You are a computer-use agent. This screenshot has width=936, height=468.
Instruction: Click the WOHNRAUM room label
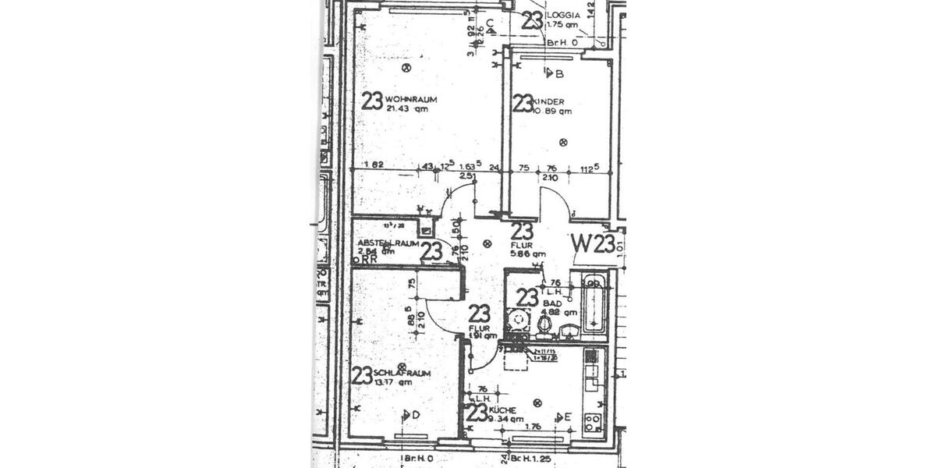pyautogui.click(x=410, y=99)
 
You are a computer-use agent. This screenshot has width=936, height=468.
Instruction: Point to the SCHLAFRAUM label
pyautogui.click(x=392, y=372)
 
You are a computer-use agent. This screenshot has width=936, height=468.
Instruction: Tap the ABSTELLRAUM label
pyautogui.click(x=388, y=243)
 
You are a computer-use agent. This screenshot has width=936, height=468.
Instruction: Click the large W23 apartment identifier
pyautogui.click(x=593, y=243)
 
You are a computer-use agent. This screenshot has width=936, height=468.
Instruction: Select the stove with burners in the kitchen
pyautogui.click(x=593, y=422)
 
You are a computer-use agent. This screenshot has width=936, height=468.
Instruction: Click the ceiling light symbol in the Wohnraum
pyautogui.click(x=406, y=68)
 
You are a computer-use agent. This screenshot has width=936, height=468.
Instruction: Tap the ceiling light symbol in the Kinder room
pyautogui.click(x=564, y=142)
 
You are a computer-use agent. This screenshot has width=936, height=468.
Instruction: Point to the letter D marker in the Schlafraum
pyautogui.click(x=417, y=415)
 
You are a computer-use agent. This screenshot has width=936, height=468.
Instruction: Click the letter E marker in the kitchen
pyautogui.click(x=568, y=418)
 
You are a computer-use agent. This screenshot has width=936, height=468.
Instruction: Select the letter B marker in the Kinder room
pyautogui.click(x=558, y=73)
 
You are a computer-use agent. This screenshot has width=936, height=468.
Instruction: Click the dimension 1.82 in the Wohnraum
pyautogui.click(x=374, y=165)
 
